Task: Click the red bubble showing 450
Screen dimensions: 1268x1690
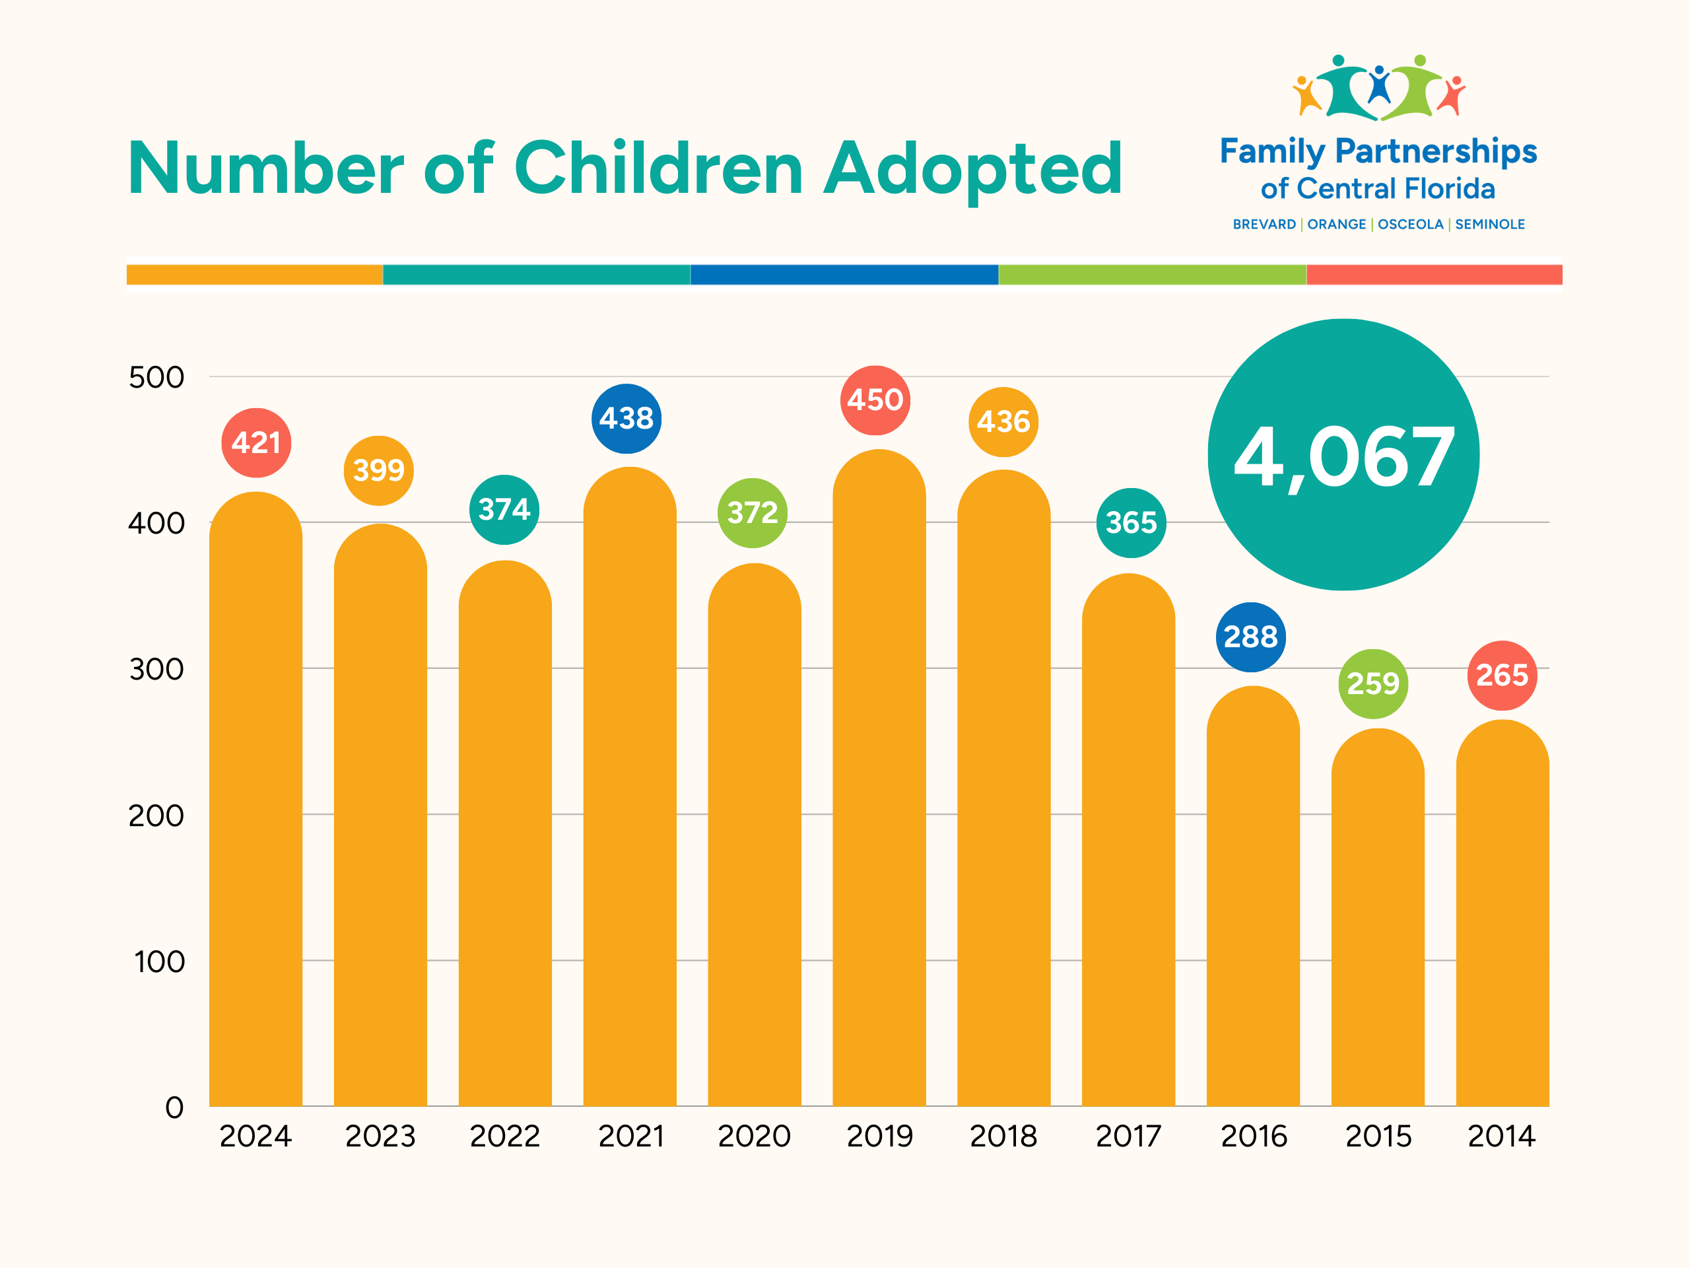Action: click(875, 400)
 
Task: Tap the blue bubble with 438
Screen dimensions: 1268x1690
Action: click(626, 419)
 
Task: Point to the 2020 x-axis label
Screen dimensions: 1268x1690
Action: click(754, 1137)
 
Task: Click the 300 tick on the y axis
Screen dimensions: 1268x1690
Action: click(156, 670)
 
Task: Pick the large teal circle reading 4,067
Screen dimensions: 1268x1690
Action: click(1343, 456)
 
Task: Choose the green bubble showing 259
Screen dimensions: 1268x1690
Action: click(1373, 684)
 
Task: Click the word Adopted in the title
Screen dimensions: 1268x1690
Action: click(972, 169)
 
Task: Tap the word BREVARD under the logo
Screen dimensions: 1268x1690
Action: click(1264, 225)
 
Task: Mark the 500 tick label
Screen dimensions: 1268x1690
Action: click(156, 378)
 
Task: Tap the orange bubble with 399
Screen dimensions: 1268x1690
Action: click(379, 471)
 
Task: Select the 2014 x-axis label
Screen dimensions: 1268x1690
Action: click(1501, 1137)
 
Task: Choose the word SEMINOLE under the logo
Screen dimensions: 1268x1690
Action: click(1490, 225)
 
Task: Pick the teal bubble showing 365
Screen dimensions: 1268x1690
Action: click(1132, 524)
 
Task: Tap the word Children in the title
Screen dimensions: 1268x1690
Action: click(659, 169)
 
